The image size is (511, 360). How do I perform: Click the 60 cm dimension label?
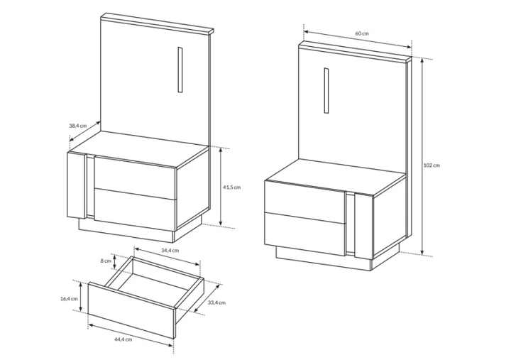[362, 33]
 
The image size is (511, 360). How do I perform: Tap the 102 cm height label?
[432, 165]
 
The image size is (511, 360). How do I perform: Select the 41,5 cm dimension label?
[231, 187]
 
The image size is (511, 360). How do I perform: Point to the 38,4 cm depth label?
[78, 126]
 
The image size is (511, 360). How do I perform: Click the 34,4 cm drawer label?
[170, 251]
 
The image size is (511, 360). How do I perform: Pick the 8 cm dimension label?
[106, 261]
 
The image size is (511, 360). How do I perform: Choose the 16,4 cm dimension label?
[69, 299]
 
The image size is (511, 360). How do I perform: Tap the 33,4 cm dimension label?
[216, 302]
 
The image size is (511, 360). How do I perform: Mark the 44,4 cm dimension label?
[123, 339]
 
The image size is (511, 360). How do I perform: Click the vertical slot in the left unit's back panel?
[180, 70]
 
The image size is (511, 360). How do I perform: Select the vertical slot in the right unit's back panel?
[326, 91]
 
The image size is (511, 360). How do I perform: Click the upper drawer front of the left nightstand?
[136, 178]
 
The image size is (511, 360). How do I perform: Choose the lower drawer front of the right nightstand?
[304, 234]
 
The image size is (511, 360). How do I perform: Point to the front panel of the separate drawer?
[132, 310]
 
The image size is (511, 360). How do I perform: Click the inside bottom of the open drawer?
[153, 288]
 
